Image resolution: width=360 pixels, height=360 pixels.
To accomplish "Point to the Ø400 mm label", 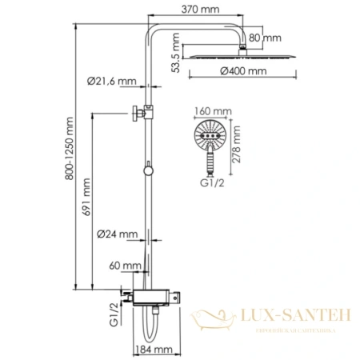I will (243, 72).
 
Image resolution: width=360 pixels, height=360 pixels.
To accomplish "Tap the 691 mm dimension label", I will (86, 212).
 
